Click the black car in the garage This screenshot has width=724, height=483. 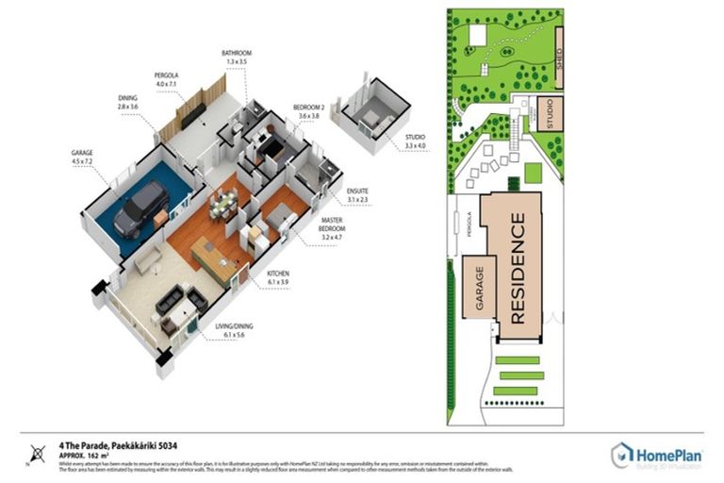coord(140,208)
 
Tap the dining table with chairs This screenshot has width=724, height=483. coord(223,204)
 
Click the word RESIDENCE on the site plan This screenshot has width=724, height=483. coord(518,269)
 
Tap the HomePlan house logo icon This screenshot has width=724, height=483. coord(621,457)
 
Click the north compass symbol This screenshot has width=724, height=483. coord(36,455)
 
